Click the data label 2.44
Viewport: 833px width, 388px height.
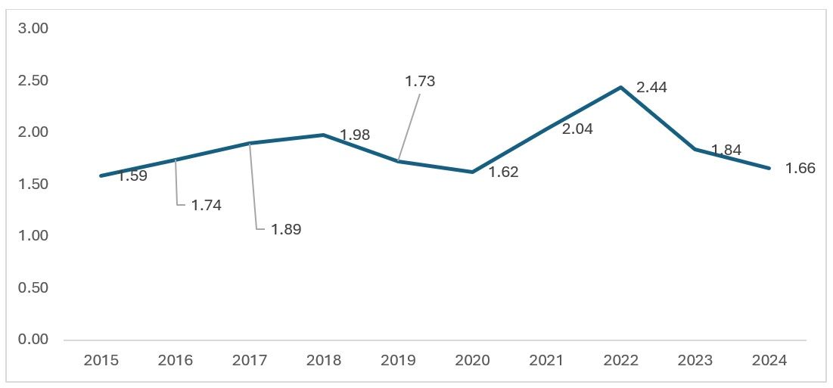coord(651,88)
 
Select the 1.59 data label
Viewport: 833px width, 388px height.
coord(132,175)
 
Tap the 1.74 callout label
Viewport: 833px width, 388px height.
coord(206,206)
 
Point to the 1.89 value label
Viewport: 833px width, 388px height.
coord(286,230)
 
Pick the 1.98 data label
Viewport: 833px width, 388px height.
coord(355,135)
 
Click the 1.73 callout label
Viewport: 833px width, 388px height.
coord(420,81)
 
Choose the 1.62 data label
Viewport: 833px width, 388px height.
coord(503,172)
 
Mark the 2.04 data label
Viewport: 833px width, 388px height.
coord(577,129)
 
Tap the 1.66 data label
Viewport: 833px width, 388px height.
coord(800,168)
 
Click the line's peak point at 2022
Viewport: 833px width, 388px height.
coord(620,87)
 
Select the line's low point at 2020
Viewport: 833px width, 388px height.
coord(472,172)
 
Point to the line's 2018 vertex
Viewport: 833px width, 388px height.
coord(324,135)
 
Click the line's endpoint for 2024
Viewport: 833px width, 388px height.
coord(769,168)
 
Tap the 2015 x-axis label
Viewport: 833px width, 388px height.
coord(101,361)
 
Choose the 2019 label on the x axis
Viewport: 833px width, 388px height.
coord(399,361)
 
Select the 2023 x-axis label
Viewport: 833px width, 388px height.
coord(695,361)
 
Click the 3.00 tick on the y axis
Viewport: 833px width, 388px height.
coord(33,29)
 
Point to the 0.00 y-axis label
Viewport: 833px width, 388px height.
coord(33,339)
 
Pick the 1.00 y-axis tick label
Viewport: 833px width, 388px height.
coord(33,236)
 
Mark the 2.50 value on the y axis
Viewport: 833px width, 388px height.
coord(33,81)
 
